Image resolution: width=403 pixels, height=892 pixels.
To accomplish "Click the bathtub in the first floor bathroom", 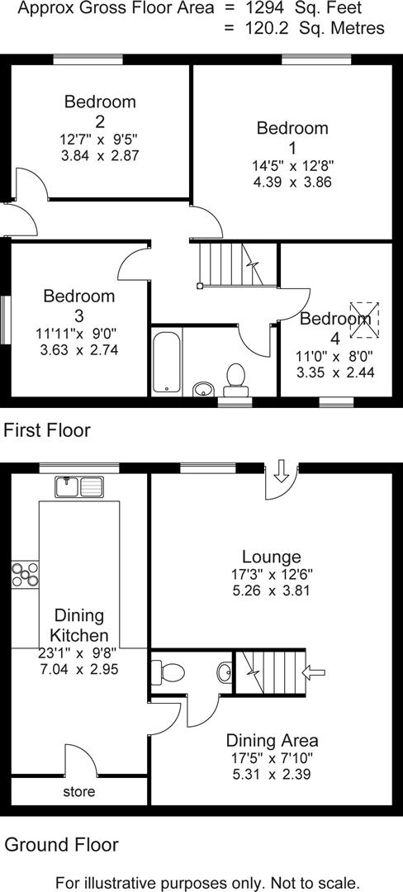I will coord(167,362).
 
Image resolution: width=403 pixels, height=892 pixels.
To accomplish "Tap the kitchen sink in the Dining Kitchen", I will coord(79,487).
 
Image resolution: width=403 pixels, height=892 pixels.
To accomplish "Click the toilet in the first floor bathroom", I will coord(237,377).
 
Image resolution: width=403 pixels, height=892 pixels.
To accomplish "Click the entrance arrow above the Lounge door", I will coord(281,471).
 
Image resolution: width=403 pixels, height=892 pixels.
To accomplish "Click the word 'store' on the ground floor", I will coord(79,792).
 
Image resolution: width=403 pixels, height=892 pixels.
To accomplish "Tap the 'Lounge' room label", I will coord(271,556).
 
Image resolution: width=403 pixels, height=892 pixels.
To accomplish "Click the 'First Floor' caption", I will coord(47,430).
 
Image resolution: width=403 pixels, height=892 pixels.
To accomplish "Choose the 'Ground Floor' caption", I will coord(61,845).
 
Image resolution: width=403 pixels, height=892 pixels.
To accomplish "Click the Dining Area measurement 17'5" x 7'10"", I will coord(272,757).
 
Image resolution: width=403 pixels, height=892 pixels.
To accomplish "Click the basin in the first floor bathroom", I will coord(201,389).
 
